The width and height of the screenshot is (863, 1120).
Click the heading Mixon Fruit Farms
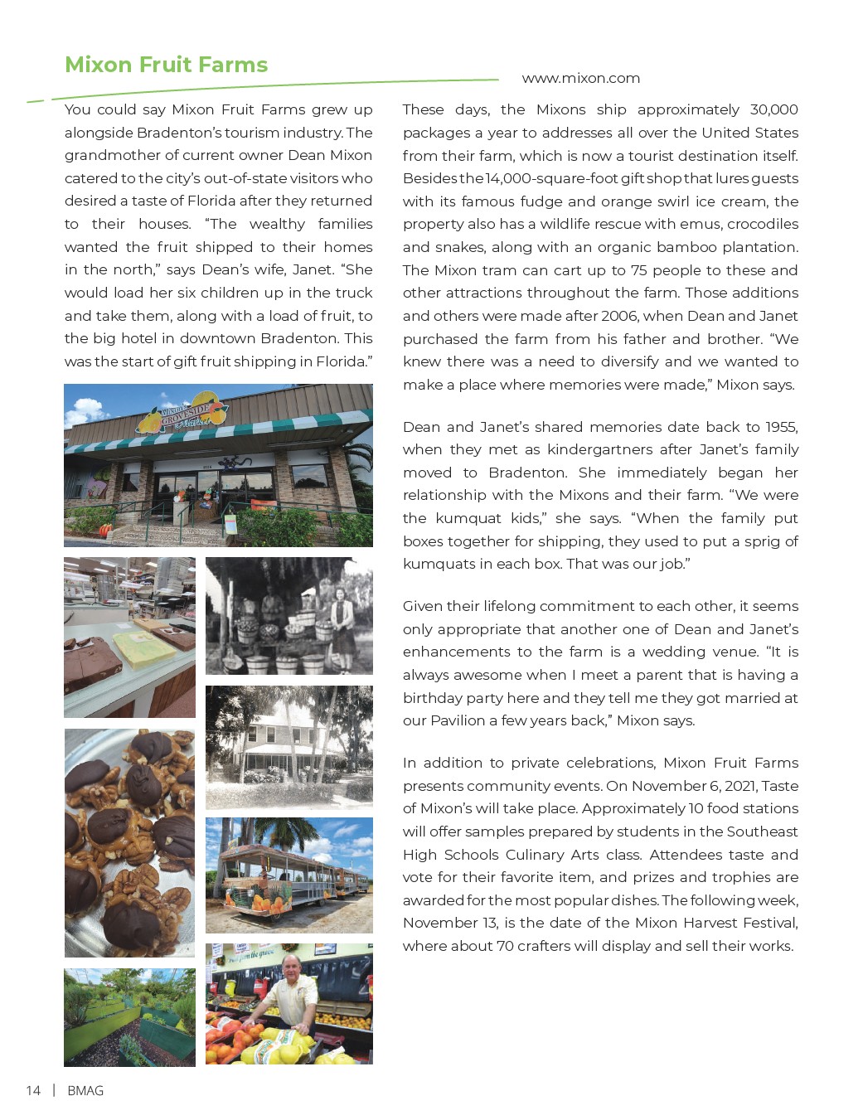(x=166, y=65)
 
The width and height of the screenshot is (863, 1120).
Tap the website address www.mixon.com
(x=580, y=78)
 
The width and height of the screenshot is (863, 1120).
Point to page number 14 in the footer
(x=33, y=1090)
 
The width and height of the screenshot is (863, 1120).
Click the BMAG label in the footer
(x=85, y=1090)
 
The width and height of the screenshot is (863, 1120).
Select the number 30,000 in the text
(x=773, y=109)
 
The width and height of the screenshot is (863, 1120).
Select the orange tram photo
(x=288, y=875)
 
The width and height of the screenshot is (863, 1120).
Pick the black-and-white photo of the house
(x=288, y=747)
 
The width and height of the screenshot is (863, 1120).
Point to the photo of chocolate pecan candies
(x=129, y=842)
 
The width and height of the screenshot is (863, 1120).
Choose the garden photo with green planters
(x=129, y=1016)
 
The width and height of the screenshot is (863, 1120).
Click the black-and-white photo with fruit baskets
(x=288, y=615)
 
